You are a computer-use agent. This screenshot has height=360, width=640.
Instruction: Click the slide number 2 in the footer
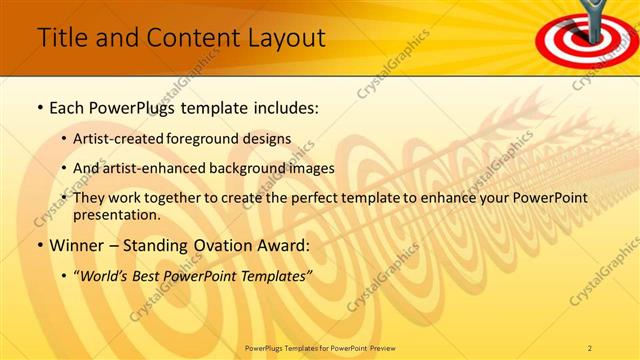point(590,347)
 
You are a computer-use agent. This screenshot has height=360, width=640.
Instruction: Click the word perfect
point(326,198)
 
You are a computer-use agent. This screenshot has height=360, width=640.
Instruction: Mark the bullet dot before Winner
point(39,245)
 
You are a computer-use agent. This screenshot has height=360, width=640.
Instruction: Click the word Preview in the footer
point(382,347)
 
